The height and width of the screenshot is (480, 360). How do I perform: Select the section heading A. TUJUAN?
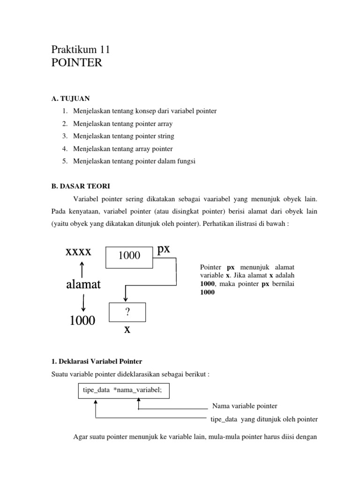(71, 98)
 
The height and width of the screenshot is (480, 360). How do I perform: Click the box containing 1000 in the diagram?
(129, 255)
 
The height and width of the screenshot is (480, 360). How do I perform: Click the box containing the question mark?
(127, 312)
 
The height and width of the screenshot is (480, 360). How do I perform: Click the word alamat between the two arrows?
(83, 285)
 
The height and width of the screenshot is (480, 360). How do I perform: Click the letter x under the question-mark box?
(127, 329)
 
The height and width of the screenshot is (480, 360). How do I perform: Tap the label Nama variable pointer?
(245, 405)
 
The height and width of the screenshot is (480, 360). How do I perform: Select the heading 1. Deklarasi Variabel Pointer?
(97, 361)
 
